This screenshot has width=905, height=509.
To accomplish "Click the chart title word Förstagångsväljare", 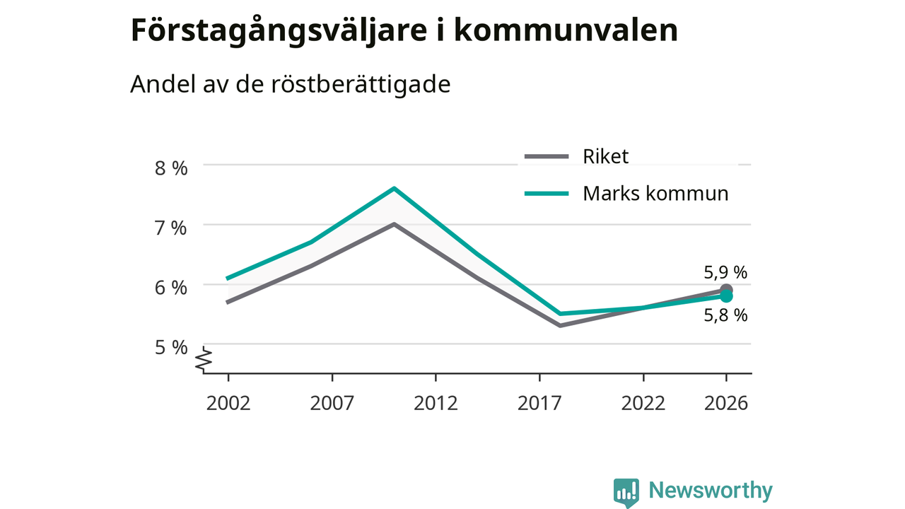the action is pyautogui.click(x=279, y=32).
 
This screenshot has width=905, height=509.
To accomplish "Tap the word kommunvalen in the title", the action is pyautogui.click(x=566, y=30).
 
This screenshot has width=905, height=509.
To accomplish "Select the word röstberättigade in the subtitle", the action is pyautogui.click(x=361, y=84).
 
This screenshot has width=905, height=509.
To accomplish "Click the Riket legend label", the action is pyautogui.click(x=605, y=156).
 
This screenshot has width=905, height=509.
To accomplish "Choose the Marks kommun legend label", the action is pyautogui.click(x=655, y=194).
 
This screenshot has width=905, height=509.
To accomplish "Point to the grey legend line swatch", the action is pyautogui.click(x=547, y=156).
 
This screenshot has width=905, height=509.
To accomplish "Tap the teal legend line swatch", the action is pyautogui.click(x=547, y=194).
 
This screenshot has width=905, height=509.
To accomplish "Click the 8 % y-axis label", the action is pyautogui.click(x=171, y=168).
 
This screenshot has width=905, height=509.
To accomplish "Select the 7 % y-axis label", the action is pyautogui.click(x=171, y=228).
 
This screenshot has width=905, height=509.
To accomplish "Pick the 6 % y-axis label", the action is pyautogui.click(x=171, y=288).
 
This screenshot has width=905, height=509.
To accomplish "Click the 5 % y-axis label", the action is pyautogui.click(x=171, y=347).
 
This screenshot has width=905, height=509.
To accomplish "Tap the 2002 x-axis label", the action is pyautogui.click(x=228, y=403).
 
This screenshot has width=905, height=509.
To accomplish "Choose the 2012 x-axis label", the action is pyautogui.click(x=436, y=403).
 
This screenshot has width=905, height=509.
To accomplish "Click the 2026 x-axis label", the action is pyautogui.click(x=726, y=403).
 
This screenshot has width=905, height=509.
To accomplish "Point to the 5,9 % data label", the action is pyautogui.click(x=725, y=273).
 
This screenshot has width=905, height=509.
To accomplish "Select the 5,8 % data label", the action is pyautogui.click(x=725, y=315).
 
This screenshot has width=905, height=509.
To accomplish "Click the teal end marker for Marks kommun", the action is pyautogui.click(x=726, y=296).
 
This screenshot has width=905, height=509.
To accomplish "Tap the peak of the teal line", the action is pyautogui.click(x=394, y=188).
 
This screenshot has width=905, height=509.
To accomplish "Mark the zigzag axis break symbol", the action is pyautogui.click(x=204, y=358).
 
